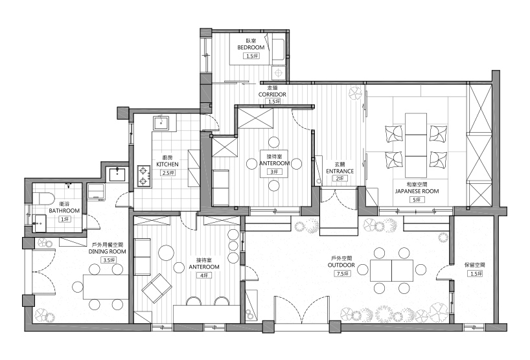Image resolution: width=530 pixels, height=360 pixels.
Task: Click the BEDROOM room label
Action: (250, 48)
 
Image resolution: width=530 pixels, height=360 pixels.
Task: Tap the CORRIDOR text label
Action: (272, 94)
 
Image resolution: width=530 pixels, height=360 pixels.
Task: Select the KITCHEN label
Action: (168, 164)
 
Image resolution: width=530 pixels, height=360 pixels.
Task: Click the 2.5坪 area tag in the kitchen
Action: (168, 173)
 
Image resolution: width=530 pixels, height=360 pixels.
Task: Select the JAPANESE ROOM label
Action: (417, 191)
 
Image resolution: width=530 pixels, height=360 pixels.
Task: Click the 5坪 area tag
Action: (417, 200)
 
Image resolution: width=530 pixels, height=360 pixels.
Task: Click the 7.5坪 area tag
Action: (341, 274)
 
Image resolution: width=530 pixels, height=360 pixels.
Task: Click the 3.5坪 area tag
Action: (108, 260)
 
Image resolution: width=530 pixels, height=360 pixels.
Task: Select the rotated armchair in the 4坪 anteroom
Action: (157, 288)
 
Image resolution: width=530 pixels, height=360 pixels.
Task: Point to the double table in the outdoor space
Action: (391, 270)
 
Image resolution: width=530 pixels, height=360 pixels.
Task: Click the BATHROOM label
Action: (64, 210)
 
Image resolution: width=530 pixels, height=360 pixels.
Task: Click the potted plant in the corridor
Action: (354, 95)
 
